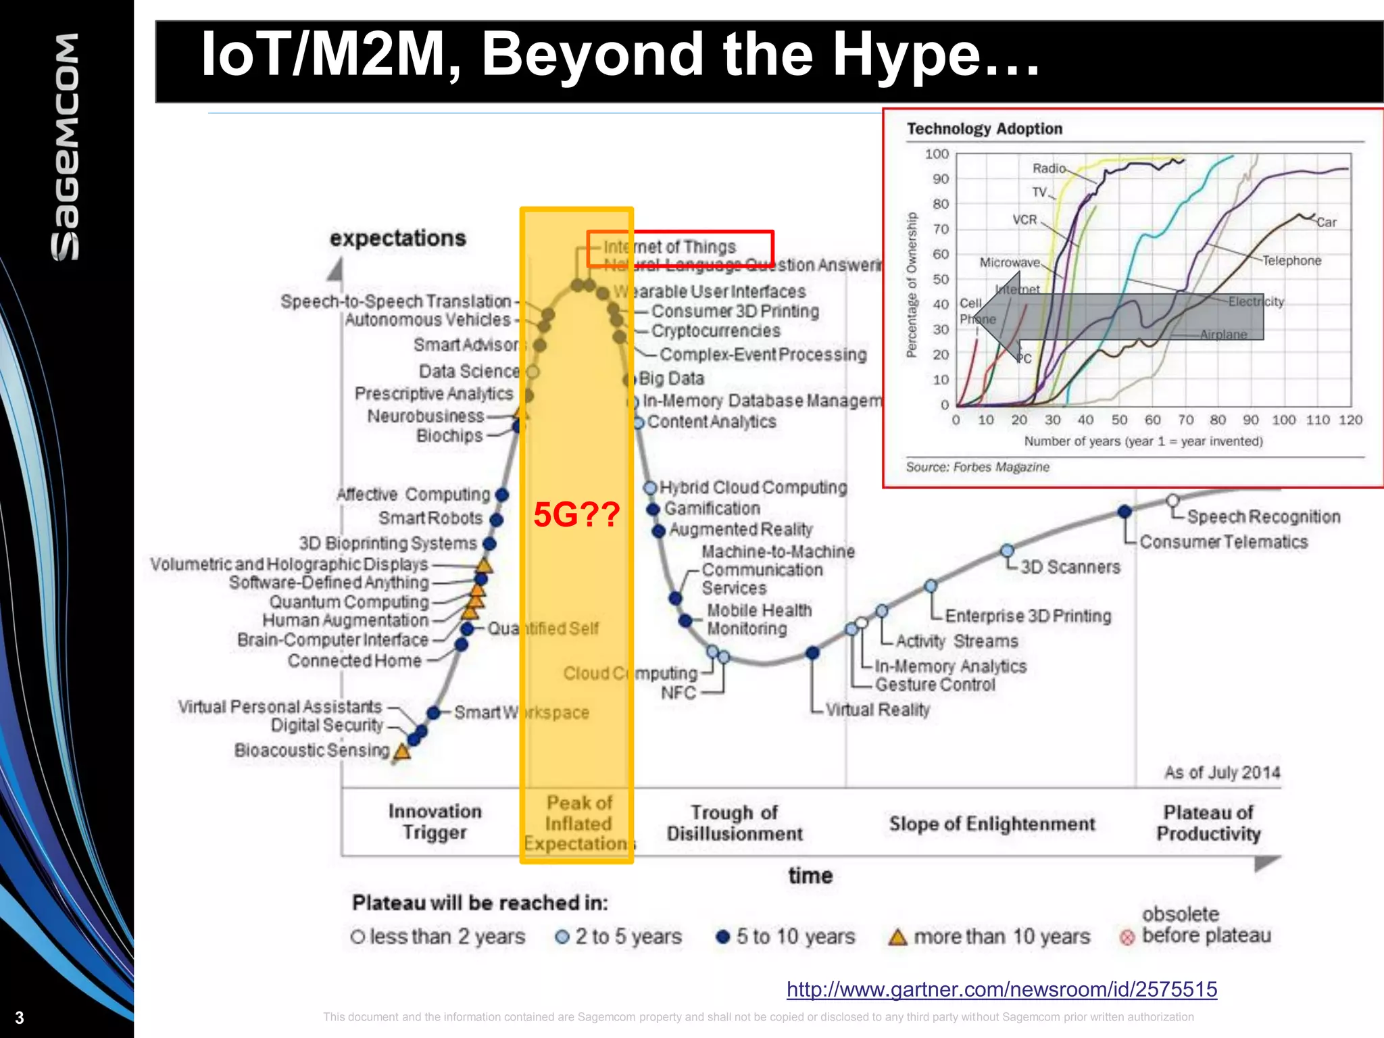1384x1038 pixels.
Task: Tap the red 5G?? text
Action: (576, 515)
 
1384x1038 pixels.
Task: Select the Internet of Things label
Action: (669, 247)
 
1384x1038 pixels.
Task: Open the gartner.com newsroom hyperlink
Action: (1002, 989)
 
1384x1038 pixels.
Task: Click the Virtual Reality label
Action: (877, 710)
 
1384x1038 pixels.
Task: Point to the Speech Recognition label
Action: (1263, 517)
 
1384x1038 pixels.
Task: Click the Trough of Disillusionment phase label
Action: (735, 823)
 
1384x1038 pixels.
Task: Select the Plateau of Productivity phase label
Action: (1208, 823)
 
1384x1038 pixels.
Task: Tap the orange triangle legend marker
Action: (897, 937)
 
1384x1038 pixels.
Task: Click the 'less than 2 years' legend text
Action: (447, 937)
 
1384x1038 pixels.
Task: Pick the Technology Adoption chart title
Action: (985, 129)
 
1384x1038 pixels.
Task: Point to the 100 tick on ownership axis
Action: (937, 154)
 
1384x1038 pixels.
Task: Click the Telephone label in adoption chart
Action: (1291, 261)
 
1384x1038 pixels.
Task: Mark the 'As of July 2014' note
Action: (1222, 772)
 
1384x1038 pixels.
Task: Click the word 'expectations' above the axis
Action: (398, 239)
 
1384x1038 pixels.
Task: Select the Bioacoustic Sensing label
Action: (312, 751)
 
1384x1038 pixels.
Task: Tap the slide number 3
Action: (20, 1018)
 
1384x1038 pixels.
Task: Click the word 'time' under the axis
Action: (810, 876)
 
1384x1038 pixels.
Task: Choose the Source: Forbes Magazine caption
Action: (977, 467)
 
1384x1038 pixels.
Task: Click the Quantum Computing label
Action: (349, 601)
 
